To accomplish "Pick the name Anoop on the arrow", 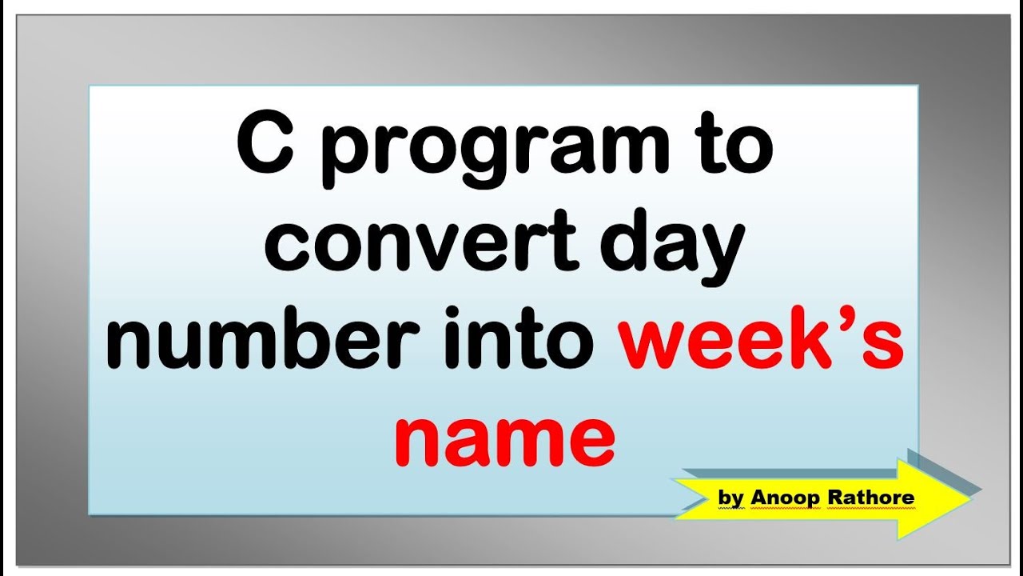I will [785, 498].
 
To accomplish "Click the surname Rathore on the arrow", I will [870, 498].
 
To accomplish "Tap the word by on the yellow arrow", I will [730, 498].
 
